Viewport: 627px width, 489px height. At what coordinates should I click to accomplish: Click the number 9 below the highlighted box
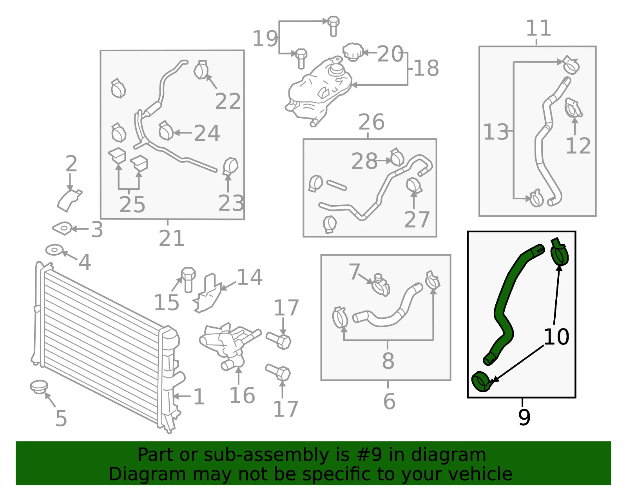coord(524,417)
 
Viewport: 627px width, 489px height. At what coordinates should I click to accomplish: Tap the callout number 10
coord(556,337)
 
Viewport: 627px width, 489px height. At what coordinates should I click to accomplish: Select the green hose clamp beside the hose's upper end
coord(560,251)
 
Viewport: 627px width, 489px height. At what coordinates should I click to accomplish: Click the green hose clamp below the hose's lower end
coord(481,382)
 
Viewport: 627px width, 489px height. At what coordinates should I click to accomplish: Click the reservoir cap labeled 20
coord(353,52)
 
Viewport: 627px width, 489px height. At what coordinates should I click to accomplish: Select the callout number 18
coord(426,69)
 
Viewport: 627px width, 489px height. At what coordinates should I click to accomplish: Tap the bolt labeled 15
coord(188,280)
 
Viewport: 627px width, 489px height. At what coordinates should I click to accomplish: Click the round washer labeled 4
coord(54,250)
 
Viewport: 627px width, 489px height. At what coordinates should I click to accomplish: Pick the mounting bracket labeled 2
coord(69,200)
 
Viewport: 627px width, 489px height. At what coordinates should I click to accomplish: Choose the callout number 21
coord(171,238)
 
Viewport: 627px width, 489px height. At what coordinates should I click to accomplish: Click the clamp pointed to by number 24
coord(166,130)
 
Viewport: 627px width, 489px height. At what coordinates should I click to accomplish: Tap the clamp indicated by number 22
coord(201,69)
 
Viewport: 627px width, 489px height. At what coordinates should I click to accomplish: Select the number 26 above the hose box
coord(371,122)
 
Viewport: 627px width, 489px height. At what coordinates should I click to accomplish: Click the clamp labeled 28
coord(397,157)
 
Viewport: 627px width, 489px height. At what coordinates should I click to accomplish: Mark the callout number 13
coord(496,132)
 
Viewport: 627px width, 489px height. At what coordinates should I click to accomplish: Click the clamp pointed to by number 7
coord(381,285)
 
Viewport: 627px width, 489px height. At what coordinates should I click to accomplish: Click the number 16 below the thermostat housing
coord(242,395)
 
